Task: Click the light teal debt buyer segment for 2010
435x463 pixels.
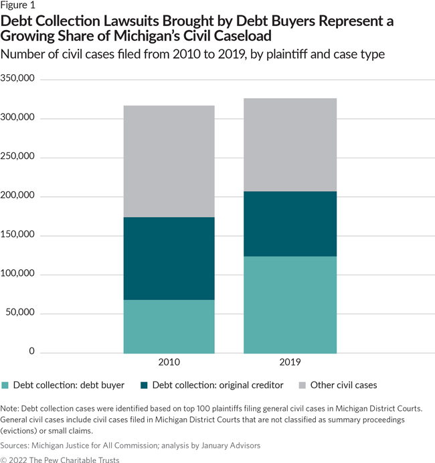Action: point(169,326)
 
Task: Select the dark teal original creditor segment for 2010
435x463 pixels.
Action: point(169,258)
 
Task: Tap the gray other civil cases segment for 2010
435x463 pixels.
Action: point(169,161)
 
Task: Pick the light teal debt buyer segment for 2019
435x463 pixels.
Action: point(290,305)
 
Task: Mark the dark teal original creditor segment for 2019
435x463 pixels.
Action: point(290,224)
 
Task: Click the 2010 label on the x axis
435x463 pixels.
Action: point(169,362)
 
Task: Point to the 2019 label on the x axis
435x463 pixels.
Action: point(290,362)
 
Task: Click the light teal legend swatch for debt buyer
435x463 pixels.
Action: point(7,385)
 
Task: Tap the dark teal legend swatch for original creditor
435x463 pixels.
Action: point(144,385)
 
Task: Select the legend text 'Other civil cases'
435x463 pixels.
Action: point(344,385)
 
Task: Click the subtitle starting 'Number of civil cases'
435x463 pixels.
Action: point(193,54)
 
